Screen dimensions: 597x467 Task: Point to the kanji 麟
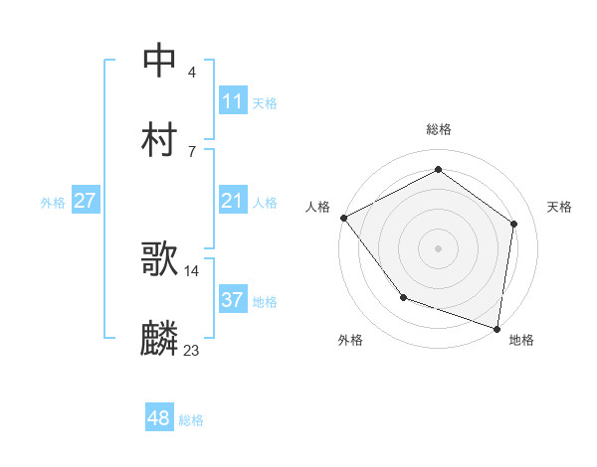(x=159, y=339)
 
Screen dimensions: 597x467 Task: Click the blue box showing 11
(x=232, y=101)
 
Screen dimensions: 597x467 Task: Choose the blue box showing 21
(x=232, y=202)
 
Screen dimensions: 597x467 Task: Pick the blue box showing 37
(x=232, y=300)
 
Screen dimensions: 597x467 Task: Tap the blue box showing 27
(x=85, y=202)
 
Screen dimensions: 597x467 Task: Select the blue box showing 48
(x=158, y=418)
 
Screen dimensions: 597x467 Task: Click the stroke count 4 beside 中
(x=191, y=72)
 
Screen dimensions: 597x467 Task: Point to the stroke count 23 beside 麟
(x=191, y=350)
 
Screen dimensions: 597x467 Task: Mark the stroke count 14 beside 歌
(x=191, y=270)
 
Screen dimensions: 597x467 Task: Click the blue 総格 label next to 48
(x=191, y=420)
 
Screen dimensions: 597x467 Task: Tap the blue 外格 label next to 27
(x=53, y=203)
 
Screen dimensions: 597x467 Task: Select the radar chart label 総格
(x=439, y=130)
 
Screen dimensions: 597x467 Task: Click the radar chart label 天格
(x=560, y=207)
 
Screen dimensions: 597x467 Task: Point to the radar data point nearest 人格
(x=343, y=218)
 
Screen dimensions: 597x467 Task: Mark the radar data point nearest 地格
(x=497, y=328)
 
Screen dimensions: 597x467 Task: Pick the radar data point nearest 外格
(x=403, y=297)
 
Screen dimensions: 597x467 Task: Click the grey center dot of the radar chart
(x=438, y=247)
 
